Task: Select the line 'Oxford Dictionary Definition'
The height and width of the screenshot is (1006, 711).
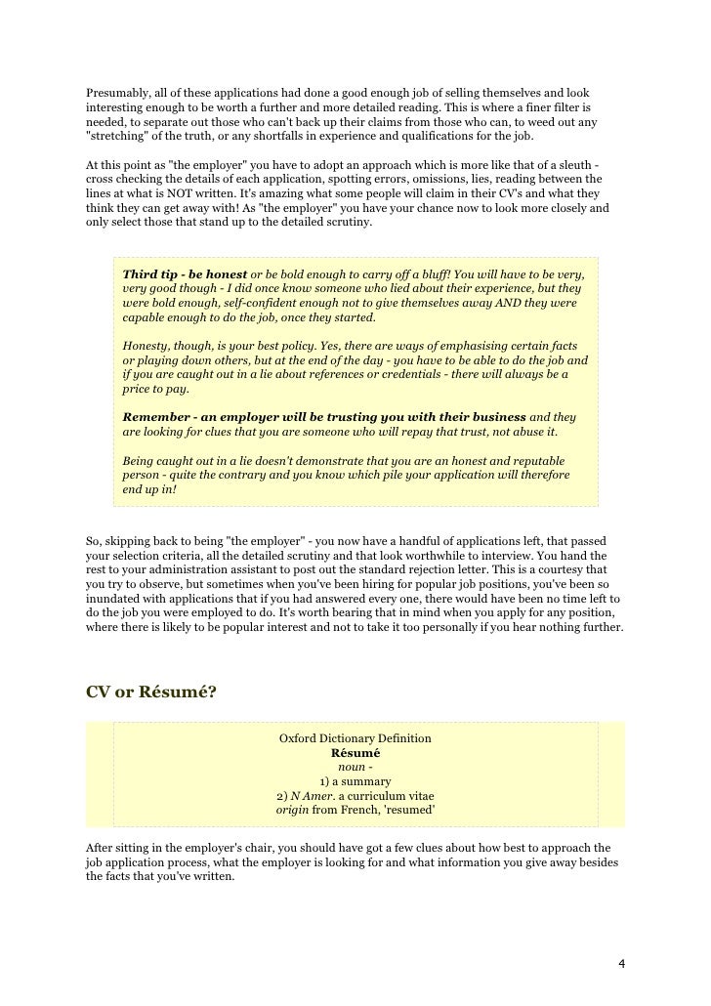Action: click(x=355, y=738)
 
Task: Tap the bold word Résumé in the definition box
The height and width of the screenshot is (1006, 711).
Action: click(x=355, y=753)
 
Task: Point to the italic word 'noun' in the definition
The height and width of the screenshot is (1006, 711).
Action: click(x=351, y=768)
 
